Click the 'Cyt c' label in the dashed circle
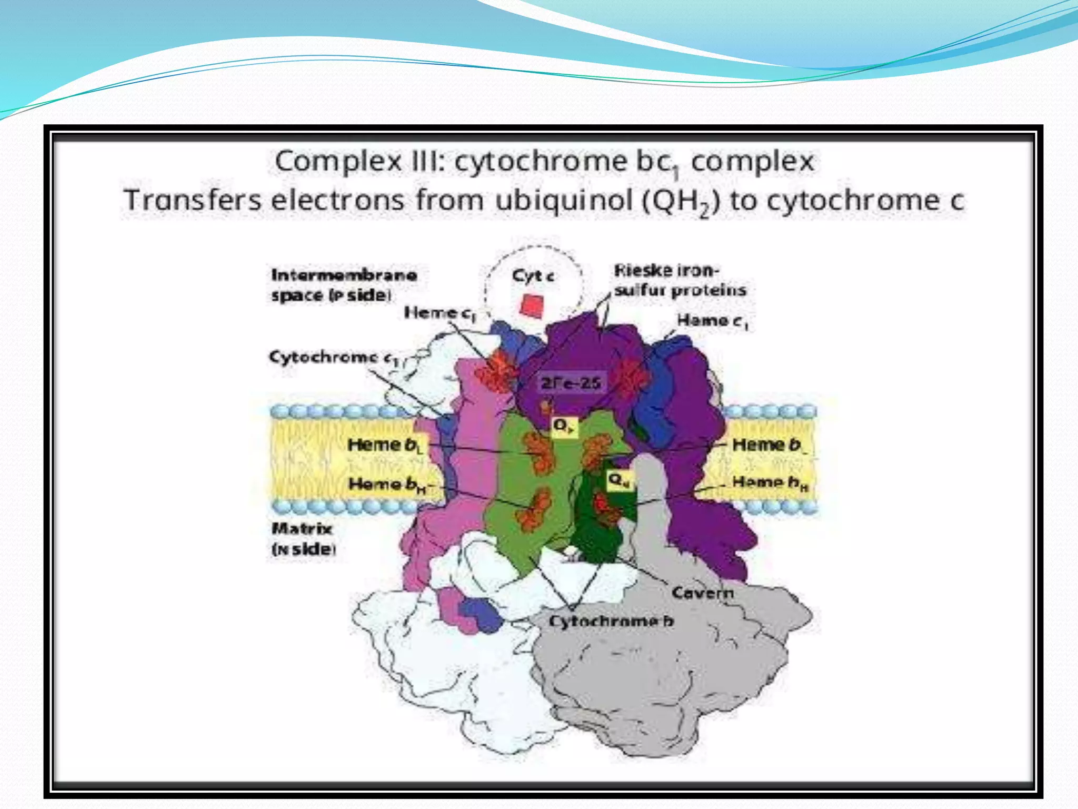point(533,275)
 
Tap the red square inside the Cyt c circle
point(532,306)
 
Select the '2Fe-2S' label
point(571,383)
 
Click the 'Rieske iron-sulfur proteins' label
point(680,280)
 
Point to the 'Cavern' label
point(702,593)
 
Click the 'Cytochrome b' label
point(611,621)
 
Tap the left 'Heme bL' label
point(385,445)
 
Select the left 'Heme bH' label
point(387,484)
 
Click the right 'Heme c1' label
point(712,320)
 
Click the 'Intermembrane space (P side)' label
point(343,284)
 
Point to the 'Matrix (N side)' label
point(303,539)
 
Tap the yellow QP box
point(564,426)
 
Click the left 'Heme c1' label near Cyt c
point(440,313)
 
